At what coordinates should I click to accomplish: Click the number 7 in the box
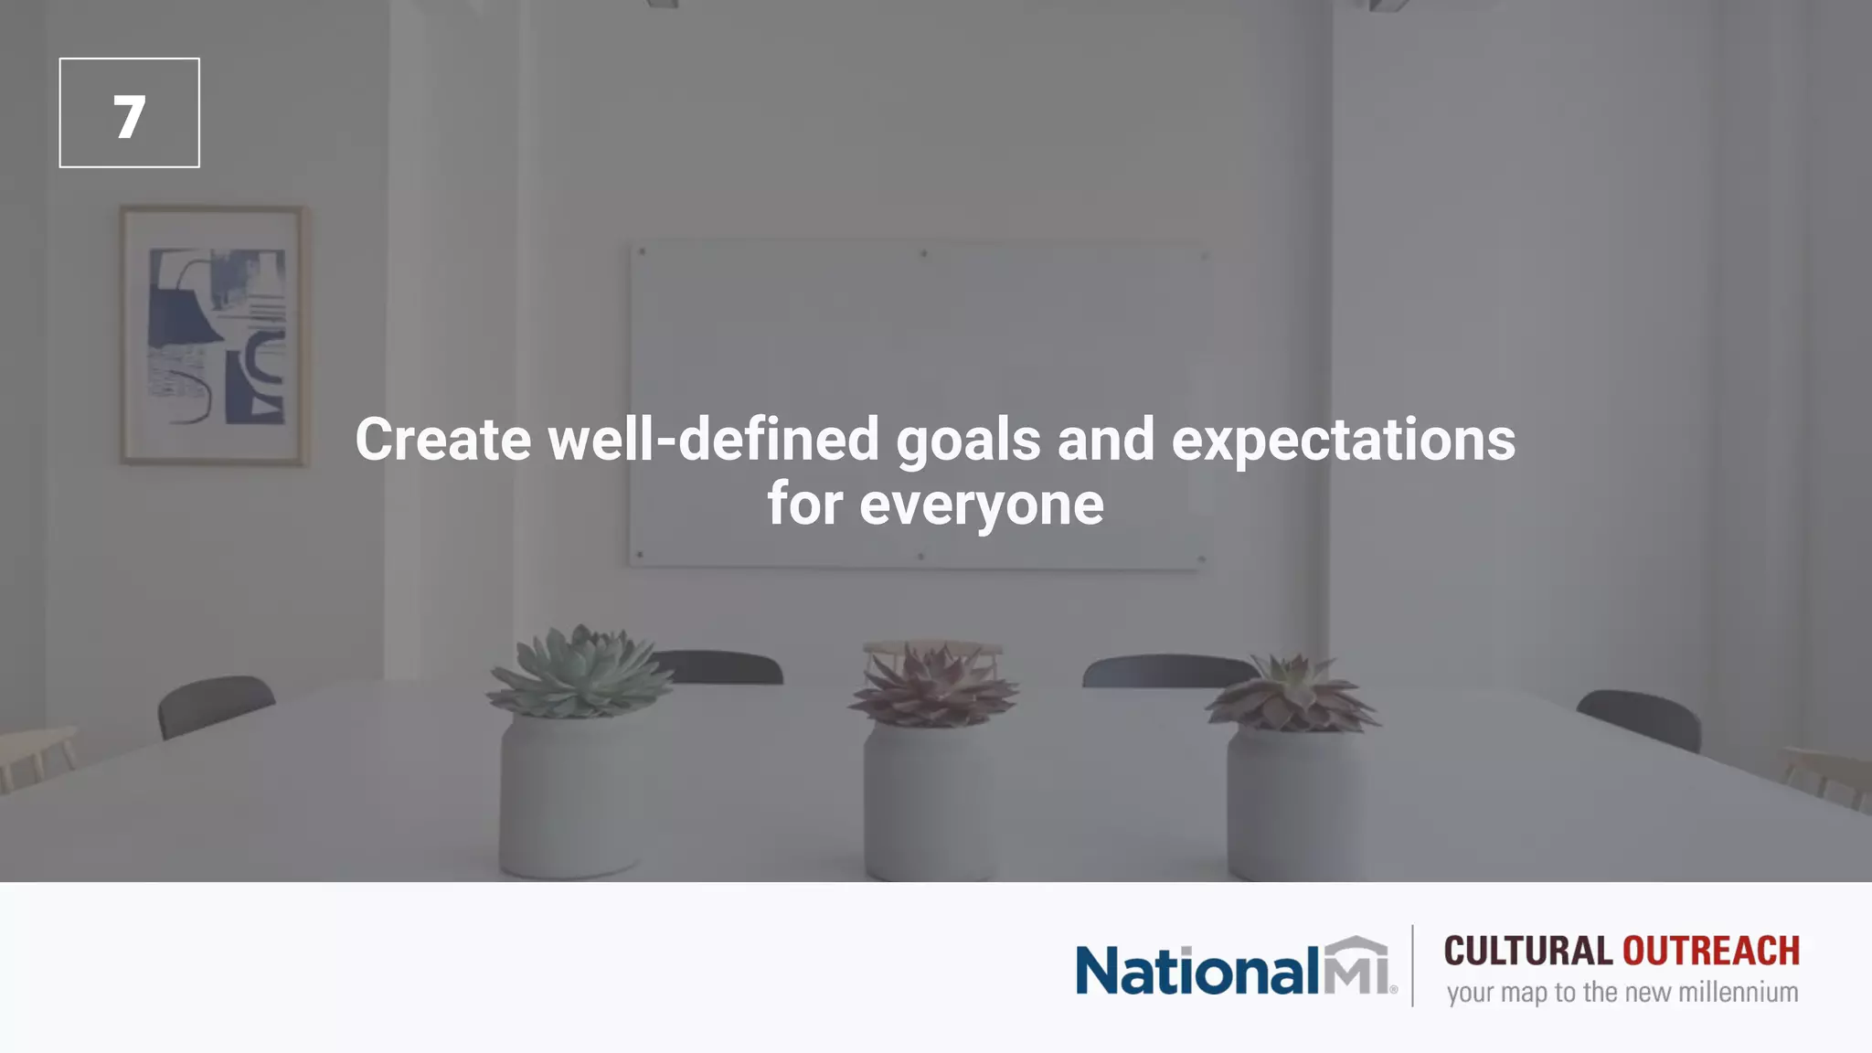click(129, 117)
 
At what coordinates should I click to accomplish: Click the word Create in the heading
click(442, 440)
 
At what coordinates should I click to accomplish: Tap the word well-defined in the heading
click(713, 440)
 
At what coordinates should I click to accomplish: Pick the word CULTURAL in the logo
click(1527, 952)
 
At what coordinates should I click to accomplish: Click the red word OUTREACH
click(1710, 952)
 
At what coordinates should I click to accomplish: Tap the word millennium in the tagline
click(1738, 993)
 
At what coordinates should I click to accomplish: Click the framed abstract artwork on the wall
click(215, 335)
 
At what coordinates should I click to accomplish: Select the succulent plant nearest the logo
click(1292, 695)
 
